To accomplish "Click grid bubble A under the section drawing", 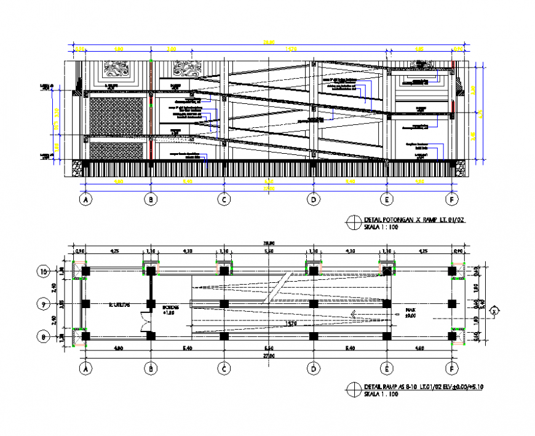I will (x=86, y=199).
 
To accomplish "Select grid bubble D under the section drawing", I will (x=314, y=199).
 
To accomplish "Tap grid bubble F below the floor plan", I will (x=453, y=369).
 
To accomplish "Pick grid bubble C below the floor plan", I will (x=224, y=369).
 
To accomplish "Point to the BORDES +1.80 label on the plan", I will (x=170, y=309).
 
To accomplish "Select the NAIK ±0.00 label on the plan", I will (x=410, y=312).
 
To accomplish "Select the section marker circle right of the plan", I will (x=494, y=311).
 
